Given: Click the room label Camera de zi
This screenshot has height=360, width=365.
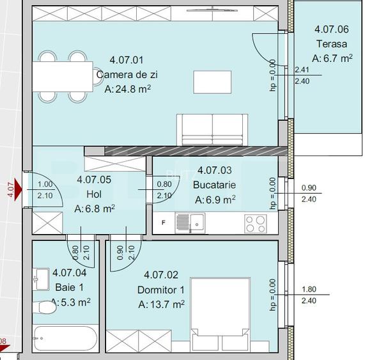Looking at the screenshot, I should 127,75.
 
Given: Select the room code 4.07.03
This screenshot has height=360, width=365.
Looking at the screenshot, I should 215,170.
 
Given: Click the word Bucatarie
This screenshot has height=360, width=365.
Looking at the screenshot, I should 214,185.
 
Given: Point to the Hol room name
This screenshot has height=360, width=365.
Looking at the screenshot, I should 94,194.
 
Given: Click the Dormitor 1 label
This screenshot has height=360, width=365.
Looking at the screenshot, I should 161,290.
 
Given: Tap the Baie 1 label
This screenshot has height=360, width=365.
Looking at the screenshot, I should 69,286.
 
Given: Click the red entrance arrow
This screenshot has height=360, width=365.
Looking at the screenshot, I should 17,190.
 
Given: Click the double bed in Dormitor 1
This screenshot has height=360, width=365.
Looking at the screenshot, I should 219,306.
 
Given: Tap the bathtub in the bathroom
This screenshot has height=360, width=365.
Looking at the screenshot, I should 64,337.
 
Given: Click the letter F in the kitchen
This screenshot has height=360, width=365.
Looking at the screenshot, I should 164,223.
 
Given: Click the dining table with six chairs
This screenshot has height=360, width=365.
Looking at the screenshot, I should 63,77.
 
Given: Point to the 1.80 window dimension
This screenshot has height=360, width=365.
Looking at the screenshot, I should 308,289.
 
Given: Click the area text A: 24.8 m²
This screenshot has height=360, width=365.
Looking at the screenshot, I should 127,90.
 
